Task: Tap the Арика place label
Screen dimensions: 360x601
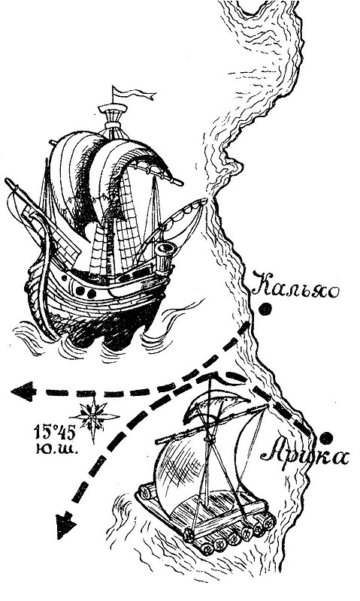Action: click(x=304, y=455)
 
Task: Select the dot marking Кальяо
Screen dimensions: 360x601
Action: click(x=265, y=309)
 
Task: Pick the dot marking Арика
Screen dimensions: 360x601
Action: click(x=326, y=438)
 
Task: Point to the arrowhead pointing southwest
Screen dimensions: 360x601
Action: click(x=65, y=525)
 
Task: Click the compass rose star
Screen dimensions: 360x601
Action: click(x=93, y=417)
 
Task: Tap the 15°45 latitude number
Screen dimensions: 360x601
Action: click(x=55, y=433)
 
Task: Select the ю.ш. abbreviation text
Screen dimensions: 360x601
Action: click(x=56, y=449)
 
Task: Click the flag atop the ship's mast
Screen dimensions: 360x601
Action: click(x=132, y=93)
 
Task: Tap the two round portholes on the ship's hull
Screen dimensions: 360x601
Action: click(x=85, y=292)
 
